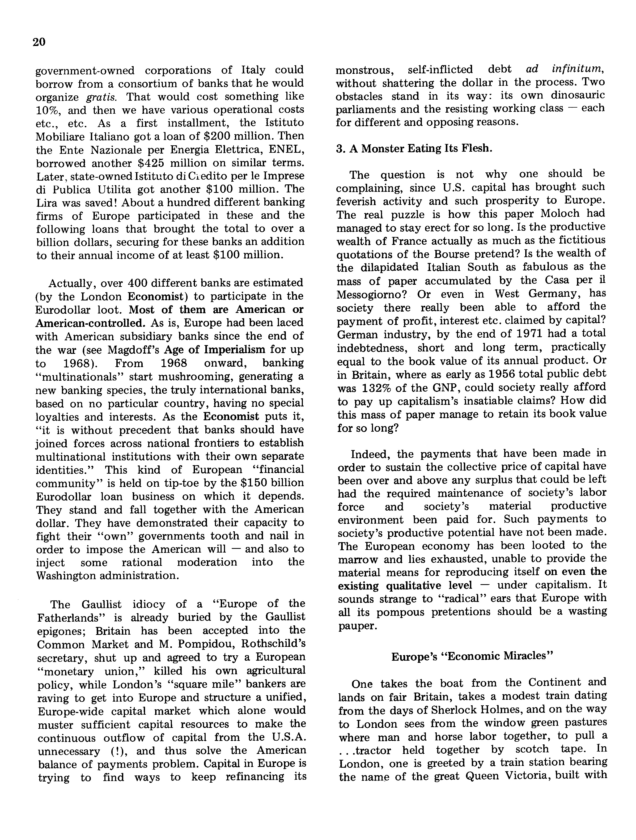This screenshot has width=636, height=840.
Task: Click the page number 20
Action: coord(39,42)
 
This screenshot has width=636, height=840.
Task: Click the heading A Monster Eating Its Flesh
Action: coord(414,149)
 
